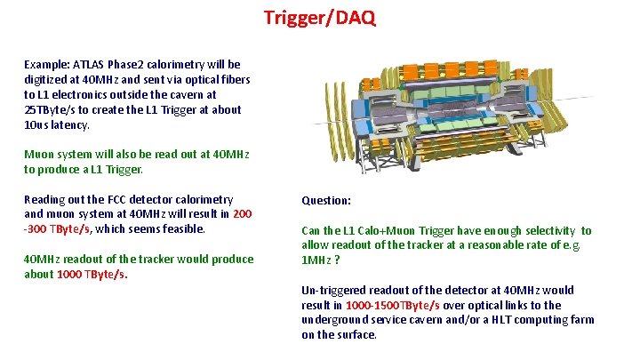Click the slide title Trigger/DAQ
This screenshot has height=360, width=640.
[320, 17]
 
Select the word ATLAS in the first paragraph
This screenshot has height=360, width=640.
[88, 64]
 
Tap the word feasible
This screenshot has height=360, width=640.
[182, 229]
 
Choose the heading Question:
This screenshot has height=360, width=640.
[326, 200]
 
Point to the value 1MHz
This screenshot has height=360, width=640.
[316, 260]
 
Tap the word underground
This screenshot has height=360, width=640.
[335, 320]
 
